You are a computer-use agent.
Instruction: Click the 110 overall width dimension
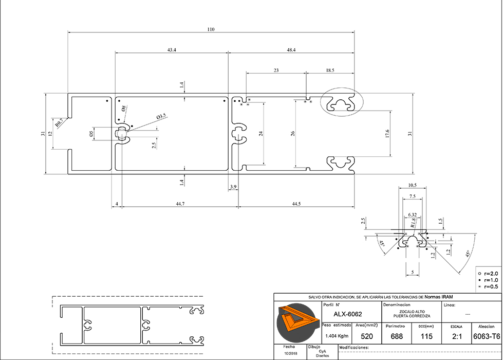click(211, 29)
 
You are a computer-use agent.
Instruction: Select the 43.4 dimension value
click(172, 50)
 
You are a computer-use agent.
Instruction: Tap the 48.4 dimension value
click(291, 50)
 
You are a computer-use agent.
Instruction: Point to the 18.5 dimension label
click(330, 70)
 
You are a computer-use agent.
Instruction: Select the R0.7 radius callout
click(60, 122)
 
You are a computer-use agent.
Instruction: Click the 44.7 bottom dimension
click(179, 204)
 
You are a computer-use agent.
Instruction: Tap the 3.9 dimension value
click(234, 187)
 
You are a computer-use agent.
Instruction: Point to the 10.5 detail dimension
click(412, 185)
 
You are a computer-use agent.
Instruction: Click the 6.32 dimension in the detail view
click(412, 214)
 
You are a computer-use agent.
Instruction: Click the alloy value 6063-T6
click(486, 337)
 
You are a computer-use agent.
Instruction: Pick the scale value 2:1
click(456, 337)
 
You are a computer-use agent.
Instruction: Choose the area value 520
click(367, 337)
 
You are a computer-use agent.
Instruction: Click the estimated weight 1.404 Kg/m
click(337, 336)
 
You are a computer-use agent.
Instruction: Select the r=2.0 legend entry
click(490, 273)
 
